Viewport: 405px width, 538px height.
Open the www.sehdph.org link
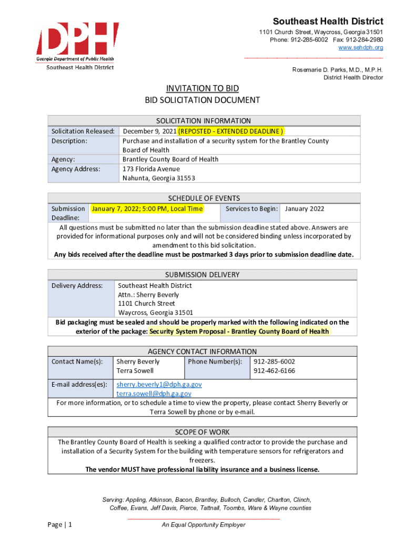click(x=360, y=48)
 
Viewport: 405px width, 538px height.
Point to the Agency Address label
click(x=75, y=169)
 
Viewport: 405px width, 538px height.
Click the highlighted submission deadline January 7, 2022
click(x=147, y=209)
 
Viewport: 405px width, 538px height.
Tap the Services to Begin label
click(x=251, y=209)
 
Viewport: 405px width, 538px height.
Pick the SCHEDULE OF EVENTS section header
click(x=204, y=198)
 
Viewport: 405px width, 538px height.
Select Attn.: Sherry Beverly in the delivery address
click(x=148, y=295)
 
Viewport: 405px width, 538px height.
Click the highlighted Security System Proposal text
click(x=239, y=332)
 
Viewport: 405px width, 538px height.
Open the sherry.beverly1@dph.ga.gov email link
click(x=159, y=385)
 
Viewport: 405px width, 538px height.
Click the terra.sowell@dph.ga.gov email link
click(x=154, y=394)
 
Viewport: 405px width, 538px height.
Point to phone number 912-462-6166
click(x=274, y=371)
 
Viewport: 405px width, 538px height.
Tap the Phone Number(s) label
click(x=215, y=361)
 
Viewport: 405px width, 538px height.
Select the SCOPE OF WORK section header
click(x=202, y=432)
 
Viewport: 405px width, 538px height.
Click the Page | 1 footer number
click(x=59, y=525)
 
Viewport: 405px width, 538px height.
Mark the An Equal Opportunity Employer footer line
click(x=203, y=525)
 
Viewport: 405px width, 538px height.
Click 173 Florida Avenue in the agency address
click(x=151, y=169)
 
